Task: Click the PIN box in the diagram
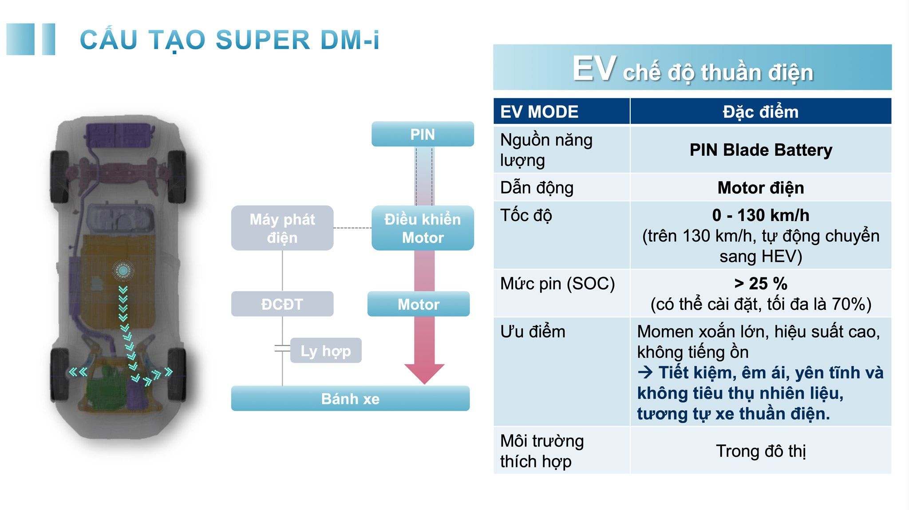pos(423,134)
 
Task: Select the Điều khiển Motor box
pos(423,228)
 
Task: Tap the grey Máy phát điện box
pos(282,228)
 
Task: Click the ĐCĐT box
pos(282,304)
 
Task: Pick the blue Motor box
pos(418,304)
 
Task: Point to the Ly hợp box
pos(326,351)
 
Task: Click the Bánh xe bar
pos(350,399)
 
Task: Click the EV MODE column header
pos(539,111)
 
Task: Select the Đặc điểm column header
pos(760,111)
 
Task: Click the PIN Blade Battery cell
pos(760,150)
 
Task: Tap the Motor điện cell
pos(760,188)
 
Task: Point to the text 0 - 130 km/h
pos(760,215)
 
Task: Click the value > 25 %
pos(760,283)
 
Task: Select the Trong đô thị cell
pos(760,451)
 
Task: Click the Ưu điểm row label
pos(533,332)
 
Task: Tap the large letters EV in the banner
pos(594,69)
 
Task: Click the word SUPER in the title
pos(263,40)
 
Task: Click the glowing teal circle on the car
pos(123,270)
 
